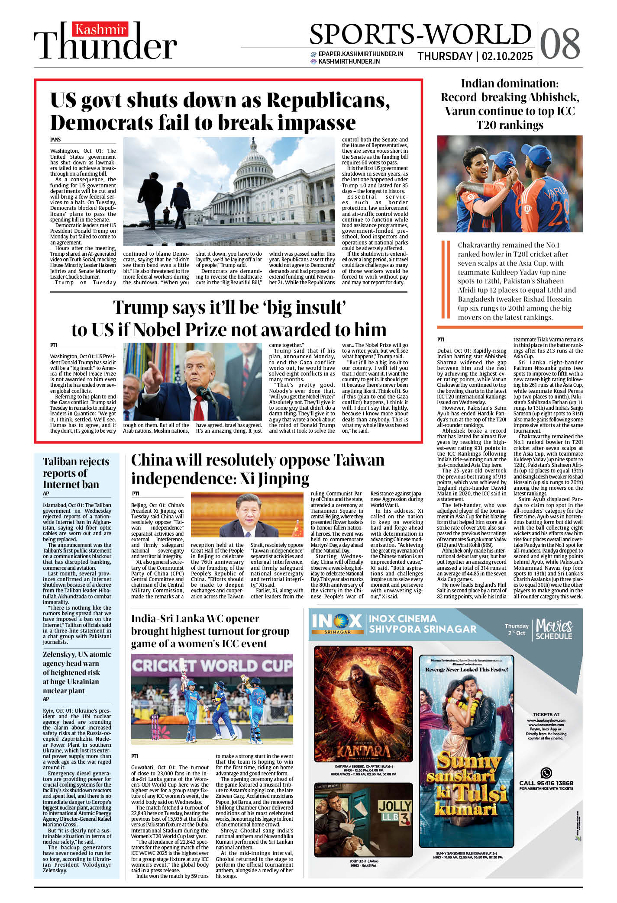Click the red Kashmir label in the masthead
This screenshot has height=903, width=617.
(100, 29)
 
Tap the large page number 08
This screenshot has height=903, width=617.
(560, 44)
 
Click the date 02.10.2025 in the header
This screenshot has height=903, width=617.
(507, 56)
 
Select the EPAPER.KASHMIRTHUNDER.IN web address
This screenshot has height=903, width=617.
(361, 54)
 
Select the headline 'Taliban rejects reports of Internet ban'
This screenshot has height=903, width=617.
(76, 472)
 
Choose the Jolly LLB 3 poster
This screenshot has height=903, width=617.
(363, 819)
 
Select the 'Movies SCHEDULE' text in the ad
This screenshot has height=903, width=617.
(554, 629)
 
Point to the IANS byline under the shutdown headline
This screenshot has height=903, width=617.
(55, 140)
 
